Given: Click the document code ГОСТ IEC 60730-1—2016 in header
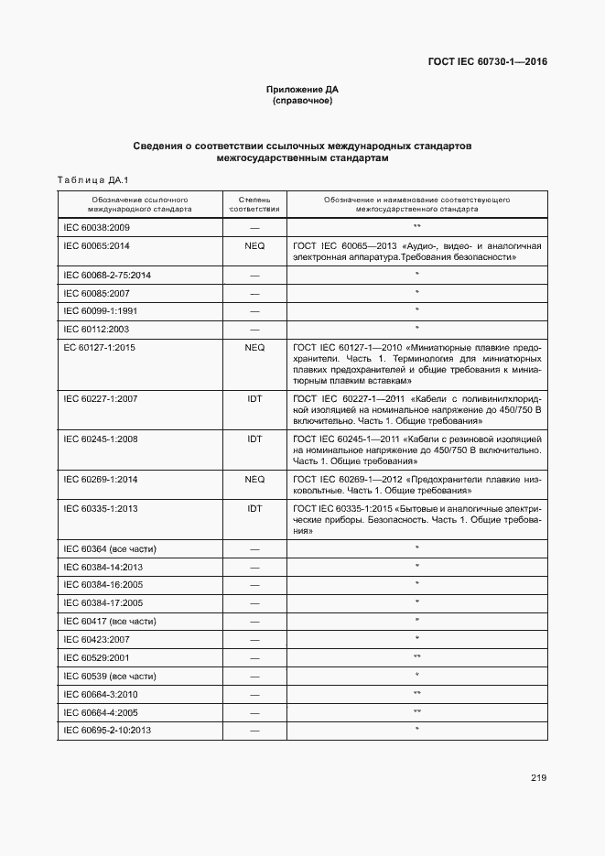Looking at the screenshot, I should coord(487,62).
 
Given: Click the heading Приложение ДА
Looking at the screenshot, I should coord(302,89).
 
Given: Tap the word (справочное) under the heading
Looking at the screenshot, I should coord(302,100).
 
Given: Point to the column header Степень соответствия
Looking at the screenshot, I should coord(254,203).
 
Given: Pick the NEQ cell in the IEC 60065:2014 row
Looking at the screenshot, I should coord(254,245).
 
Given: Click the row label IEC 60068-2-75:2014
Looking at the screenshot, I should coord(107,275).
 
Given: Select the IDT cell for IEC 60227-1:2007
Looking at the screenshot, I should coord(254,399).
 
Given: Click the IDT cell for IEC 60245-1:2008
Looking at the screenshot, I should coord(254,439).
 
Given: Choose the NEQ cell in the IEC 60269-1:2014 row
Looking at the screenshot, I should coord(254,479).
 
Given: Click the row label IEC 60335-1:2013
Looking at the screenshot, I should coord(100,508).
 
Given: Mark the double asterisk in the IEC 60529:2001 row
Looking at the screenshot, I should coord(416,657).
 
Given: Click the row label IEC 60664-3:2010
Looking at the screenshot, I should coord(100,694).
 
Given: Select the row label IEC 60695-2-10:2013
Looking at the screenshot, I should coord(107,730).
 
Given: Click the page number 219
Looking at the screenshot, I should coord(537,778).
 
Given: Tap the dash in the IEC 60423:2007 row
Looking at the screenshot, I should coord(254,639).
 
